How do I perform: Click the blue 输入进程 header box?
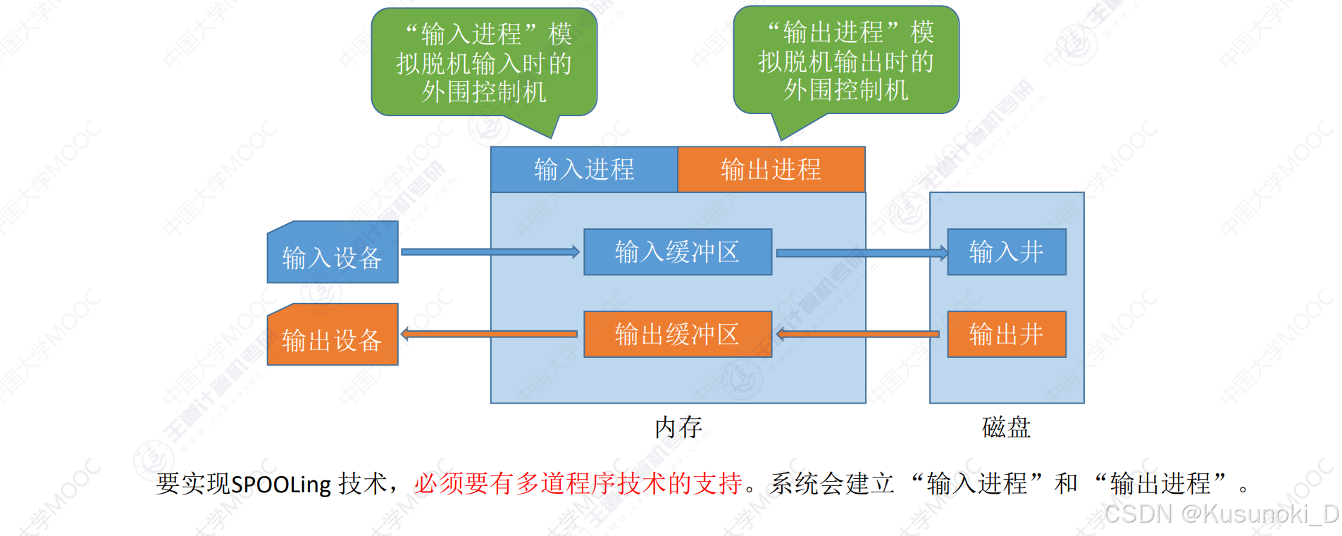pyautogui.click(x=584, y=169)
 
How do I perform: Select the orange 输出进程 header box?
pyautogui.click(x=771, y=169)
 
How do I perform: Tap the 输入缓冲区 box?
pyautogui.click(x=677, y=251)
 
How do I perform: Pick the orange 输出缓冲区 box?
pyautogui.click(x=677, y=334)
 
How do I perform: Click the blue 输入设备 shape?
pyautogui.click(x=332, y=256)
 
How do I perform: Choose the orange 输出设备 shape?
pyautogui.click(x=332, y=338)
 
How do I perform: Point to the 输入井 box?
pyautogui.click(x=1006, y=251)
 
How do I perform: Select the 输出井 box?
pyautogui.click(x=1006, y=334)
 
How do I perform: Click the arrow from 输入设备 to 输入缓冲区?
pyautogui.click(x=490, y=251)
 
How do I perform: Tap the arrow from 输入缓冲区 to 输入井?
pyautogui.click(x=861, y=252)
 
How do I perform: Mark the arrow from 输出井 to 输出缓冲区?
pyautogui.click(x=858, y=334)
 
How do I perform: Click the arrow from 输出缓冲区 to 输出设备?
pyautogui.click(x=490, y=334)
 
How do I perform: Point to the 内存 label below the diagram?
pyautogui.click(x=678, y=427)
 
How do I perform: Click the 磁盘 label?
pyautogui.click(x=1006, y=427)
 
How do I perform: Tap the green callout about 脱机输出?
pyautogui.click(x=846, y=61)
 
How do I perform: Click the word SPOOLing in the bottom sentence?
pyautogui.click(x=281, y=485)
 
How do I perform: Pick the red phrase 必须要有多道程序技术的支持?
pyautogui.click(x=578, y=483)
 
